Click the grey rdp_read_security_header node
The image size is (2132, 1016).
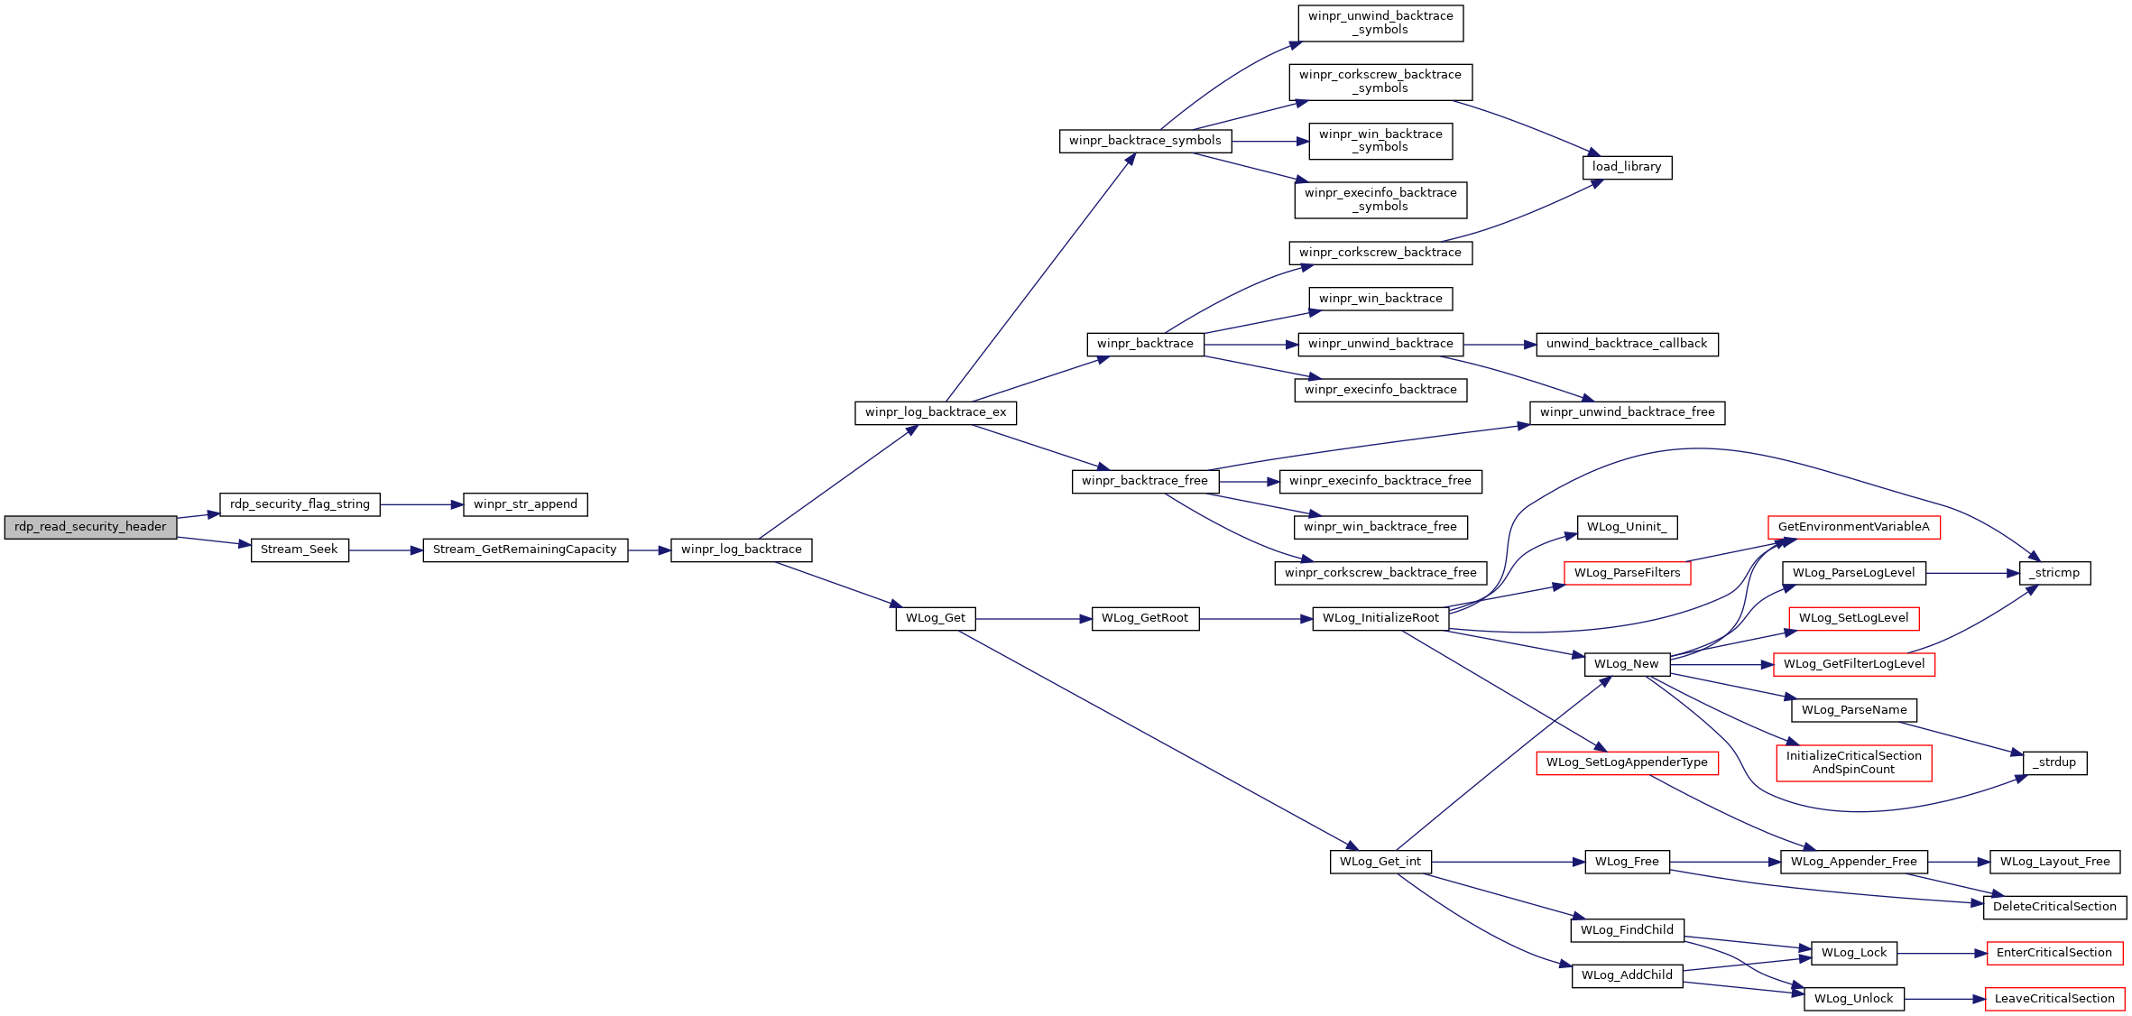pyautogui.click(x=90, y=527)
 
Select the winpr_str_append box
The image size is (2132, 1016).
pyautogui.click(x=525, y=504)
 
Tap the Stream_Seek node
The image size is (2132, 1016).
pyautogui.click(x=300, y=550)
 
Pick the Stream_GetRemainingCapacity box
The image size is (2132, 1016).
pyautogui.click(x=525, y=550)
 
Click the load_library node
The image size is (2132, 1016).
pyautogui.click(x=1627, y=167)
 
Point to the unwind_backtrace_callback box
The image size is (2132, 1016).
pyautogui.click(x=1627, y=344)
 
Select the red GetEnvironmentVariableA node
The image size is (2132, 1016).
pyautogui.click(x=1853, y=527)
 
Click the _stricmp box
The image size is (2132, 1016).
pyautogui.click(x=2054, y=573)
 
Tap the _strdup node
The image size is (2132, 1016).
pyautogui.click(x=2054, y=762)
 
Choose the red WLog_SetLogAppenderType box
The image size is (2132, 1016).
pyautogui.click(x=1627, y=762)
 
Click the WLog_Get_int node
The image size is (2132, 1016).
pyautogui.click(x=1380, y=862)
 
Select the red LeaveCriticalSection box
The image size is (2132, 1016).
pyautogui.click(x=2054, y=999)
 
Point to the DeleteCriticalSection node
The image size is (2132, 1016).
pyautogui.click(x=2054, y=907)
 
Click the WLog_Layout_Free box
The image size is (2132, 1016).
pyautogui.click(x=2054, y=862)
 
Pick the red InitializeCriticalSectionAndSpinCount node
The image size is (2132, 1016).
pyautogui.click(x=1853, y=762)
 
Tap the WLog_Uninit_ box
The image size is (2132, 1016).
pyautogui.click(x=1627, y=527)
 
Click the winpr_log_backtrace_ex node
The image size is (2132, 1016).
pyautogui.click(x=936, y=412)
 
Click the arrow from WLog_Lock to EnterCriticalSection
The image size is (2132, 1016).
pyautogui.click(x=1942, y=954)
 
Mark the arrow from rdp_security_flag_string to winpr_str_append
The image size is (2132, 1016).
pyautogui.click(x=421, y=504)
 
